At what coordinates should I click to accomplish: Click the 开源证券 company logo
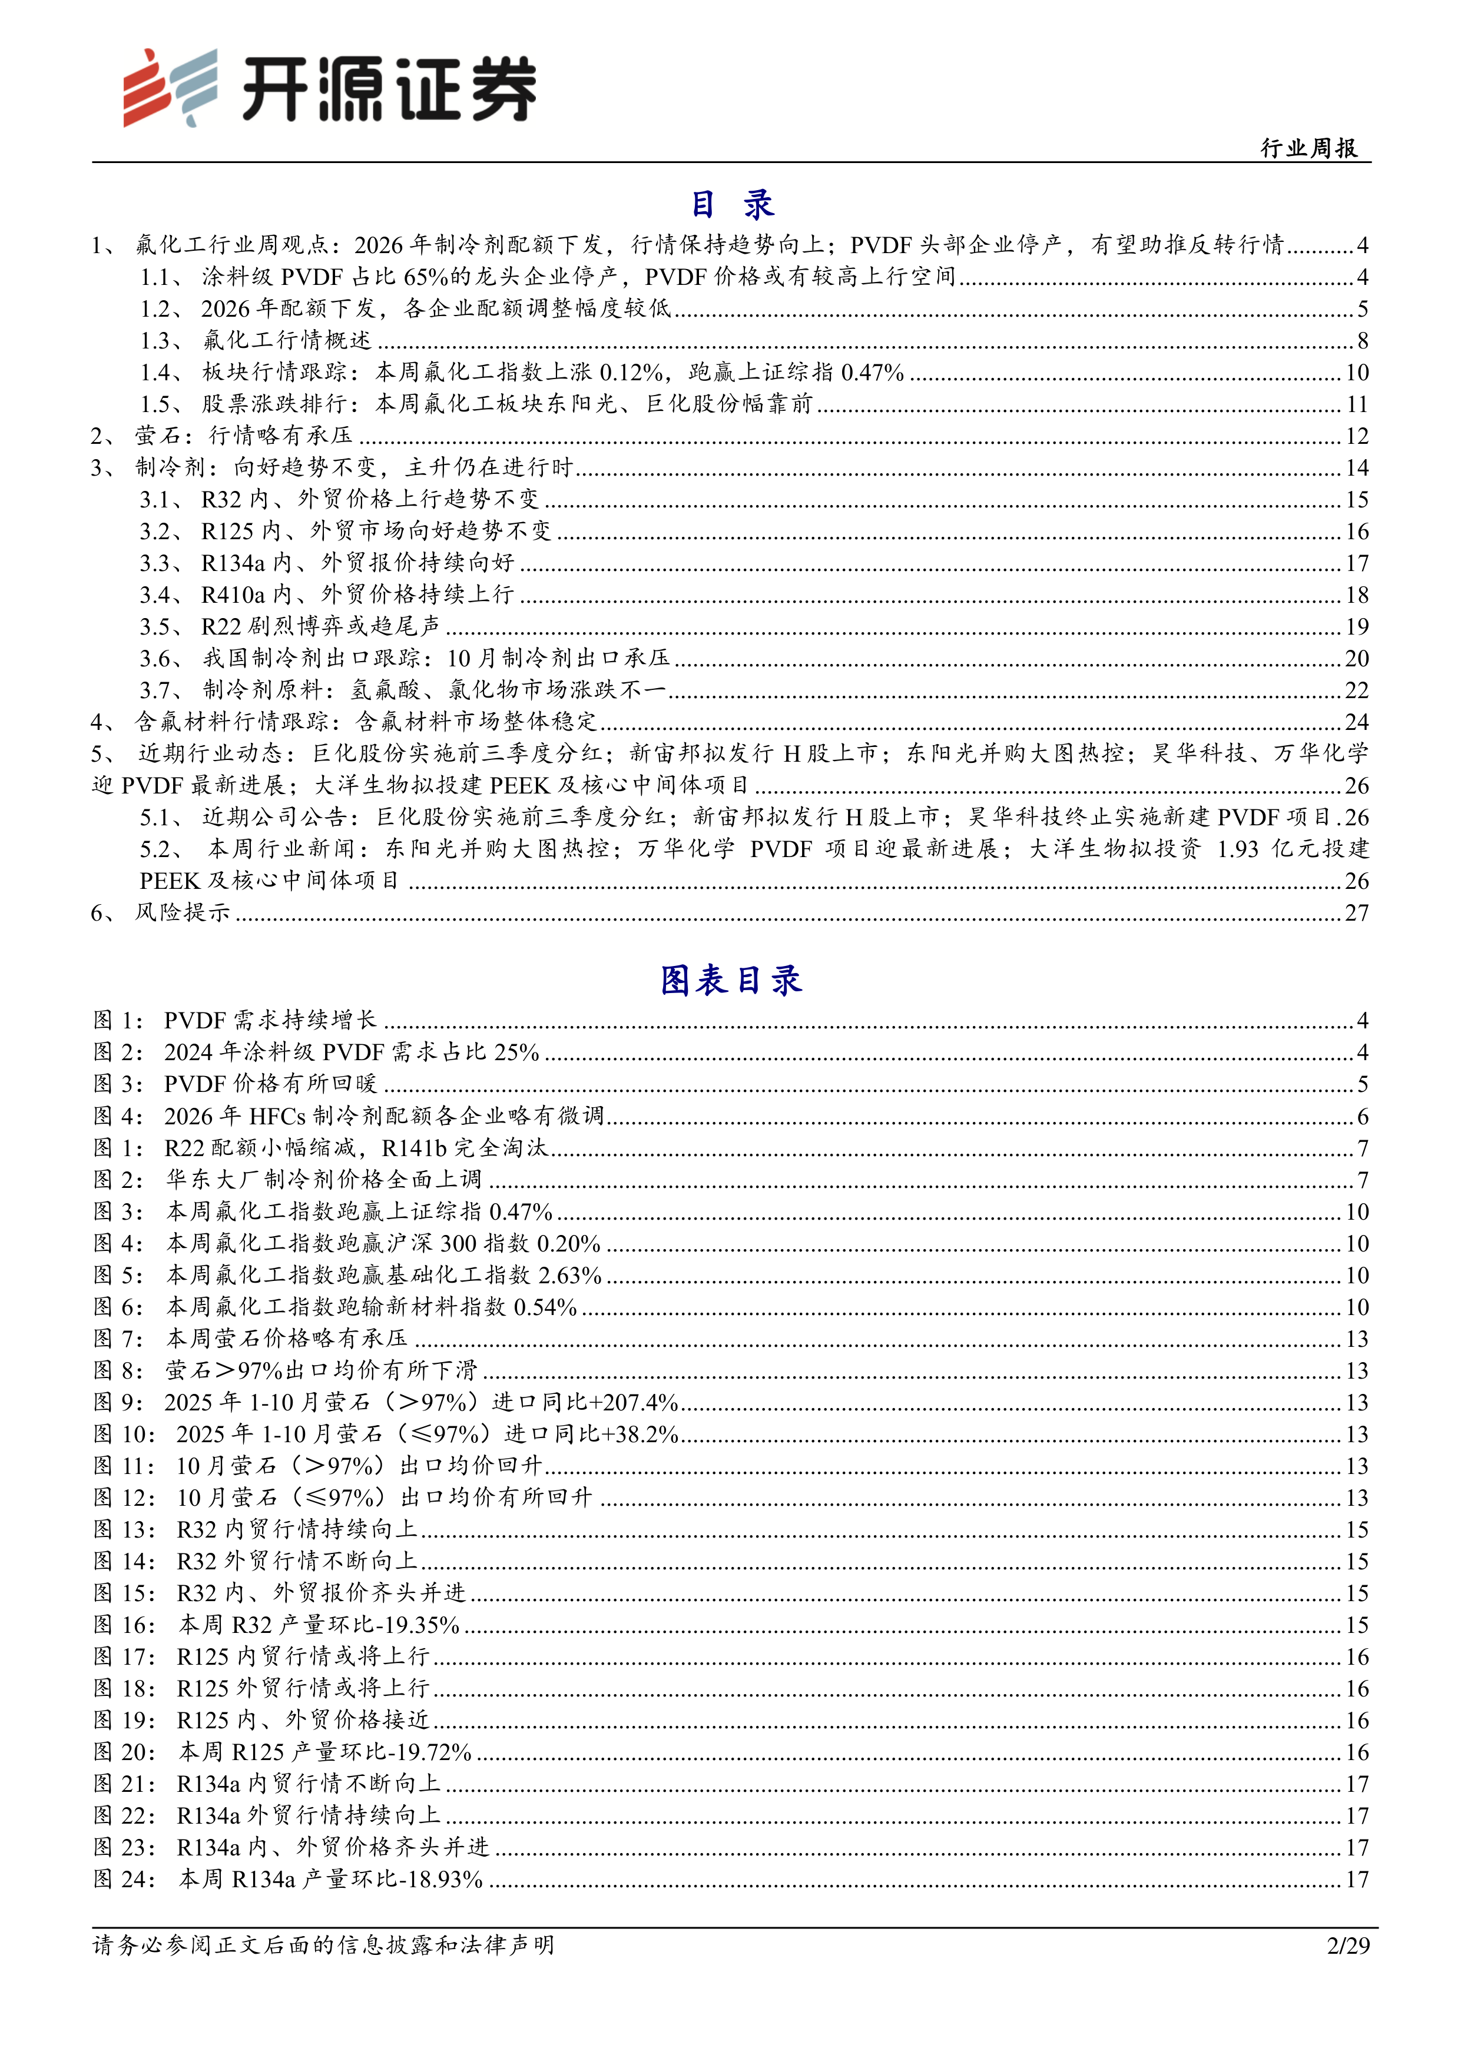(329, 87)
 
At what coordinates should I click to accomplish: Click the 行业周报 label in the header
(1309, 148)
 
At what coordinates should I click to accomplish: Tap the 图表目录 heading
(730, 980)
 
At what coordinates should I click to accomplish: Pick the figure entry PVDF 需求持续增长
(270, 1020)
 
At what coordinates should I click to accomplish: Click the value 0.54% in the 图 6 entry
(545, 1307)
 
